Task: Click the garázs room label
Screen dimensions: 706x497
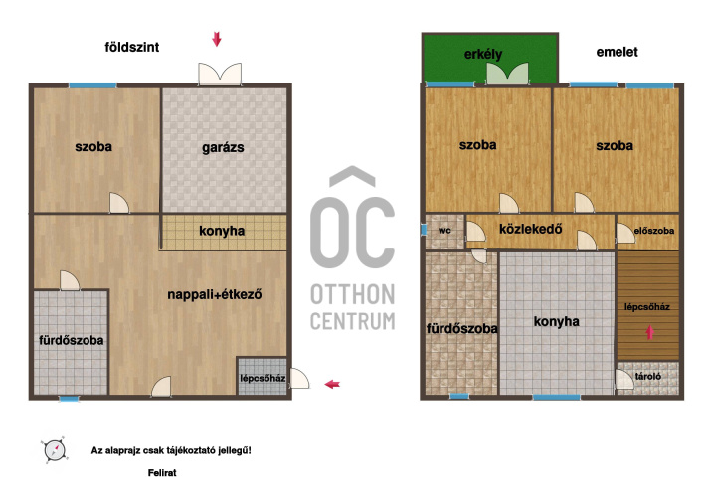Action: coord(223,148)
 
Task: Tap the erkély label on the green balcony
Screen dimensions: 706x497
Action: coord(483,55)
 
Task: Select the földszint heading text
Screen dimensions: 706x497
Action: coord(132,47)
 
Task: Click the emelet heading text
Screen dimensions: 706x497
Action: coord(617,52)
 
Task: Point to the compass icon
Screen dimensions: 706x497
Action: coord(55,449)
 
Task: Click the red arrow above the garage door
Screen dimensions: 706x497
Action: coord(217,39)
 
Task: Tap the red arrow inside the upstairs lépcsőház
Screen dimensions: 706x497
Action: coord(649,332)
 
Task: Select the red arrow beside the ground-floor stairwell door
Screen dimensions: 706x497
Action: coord(332,384)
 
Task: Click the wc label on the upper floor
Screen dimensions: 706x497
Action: coord(444,231)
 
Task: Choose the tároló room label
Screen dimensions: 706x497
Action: coord(648,376)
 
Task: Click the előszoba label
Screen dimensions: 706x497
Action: coord(654,231)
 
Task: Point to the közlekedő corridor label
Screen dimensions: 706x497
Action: coord(531,229)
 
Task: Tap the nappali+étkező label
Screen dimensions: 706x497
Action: coord(215,295)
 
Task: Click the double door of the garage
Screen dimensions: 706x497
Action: coord(220,74)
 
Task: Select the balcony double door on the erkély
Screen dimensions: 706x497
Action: coord(507,74)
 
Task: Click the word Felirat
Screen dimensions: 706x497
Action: coord(162,473)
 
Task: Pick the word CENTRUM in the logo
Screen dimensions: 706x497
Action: coord(353,321)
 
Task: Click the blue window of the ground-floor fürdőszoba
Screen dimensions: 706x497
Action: coord(69,399)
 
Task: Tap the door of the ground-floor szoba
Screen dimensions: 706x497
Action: coord(119,203)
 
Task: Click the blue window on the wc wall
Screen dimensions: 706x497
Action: coord(424,230)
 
